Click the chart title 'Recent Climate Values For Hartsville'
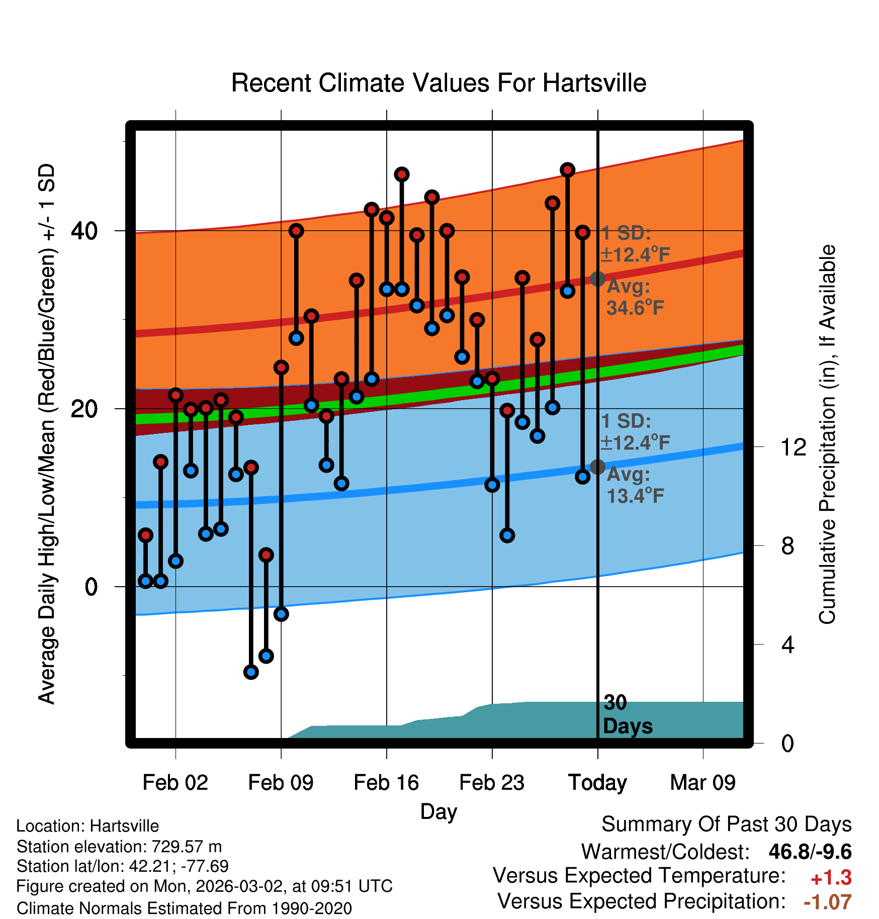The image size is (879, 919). (x=438, y=83)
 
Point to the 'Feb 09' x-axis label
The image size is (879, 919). (x=281, y=783)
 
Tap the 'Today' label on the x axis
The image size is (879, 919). (x=597, y=783)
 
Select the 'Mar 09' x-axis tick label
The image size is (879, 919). (x=702, y=783)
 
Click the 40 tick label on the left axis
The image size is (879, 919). (x=84, y=231)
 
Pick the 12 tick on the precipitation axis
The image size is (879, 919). (x=793, y=447)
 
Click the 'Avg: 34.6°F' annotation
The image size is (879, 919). (x=635, y=297)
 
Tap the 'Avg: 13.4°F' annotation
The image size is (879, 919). (x=635, y=485)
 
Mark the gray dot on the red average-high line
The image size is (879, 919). (x=597, y=279)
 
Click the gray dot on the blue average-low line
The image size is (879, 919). (x=597, y=467)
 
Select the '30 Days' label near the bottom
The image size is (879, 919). (x=627, y=714)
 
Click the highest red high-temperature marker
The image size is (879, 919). (x=568, y=170)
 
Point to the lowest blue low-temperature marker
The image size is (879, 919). (x=251, y=672)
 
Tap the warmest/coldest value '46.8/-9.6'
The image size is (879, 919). (x=810, y=852)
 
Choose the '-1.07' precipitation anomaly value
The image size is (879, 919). (x=827, y=902)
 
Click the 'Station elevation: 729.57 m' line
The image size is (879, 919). (x=119, y=847)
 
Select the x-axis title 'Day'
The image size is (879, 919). (x=438, y=811)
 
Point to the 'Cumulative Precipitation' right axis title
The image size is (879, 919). (x=827, y=434)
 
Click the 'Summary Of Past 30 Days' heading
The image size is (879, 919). (x=726, y=824)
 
